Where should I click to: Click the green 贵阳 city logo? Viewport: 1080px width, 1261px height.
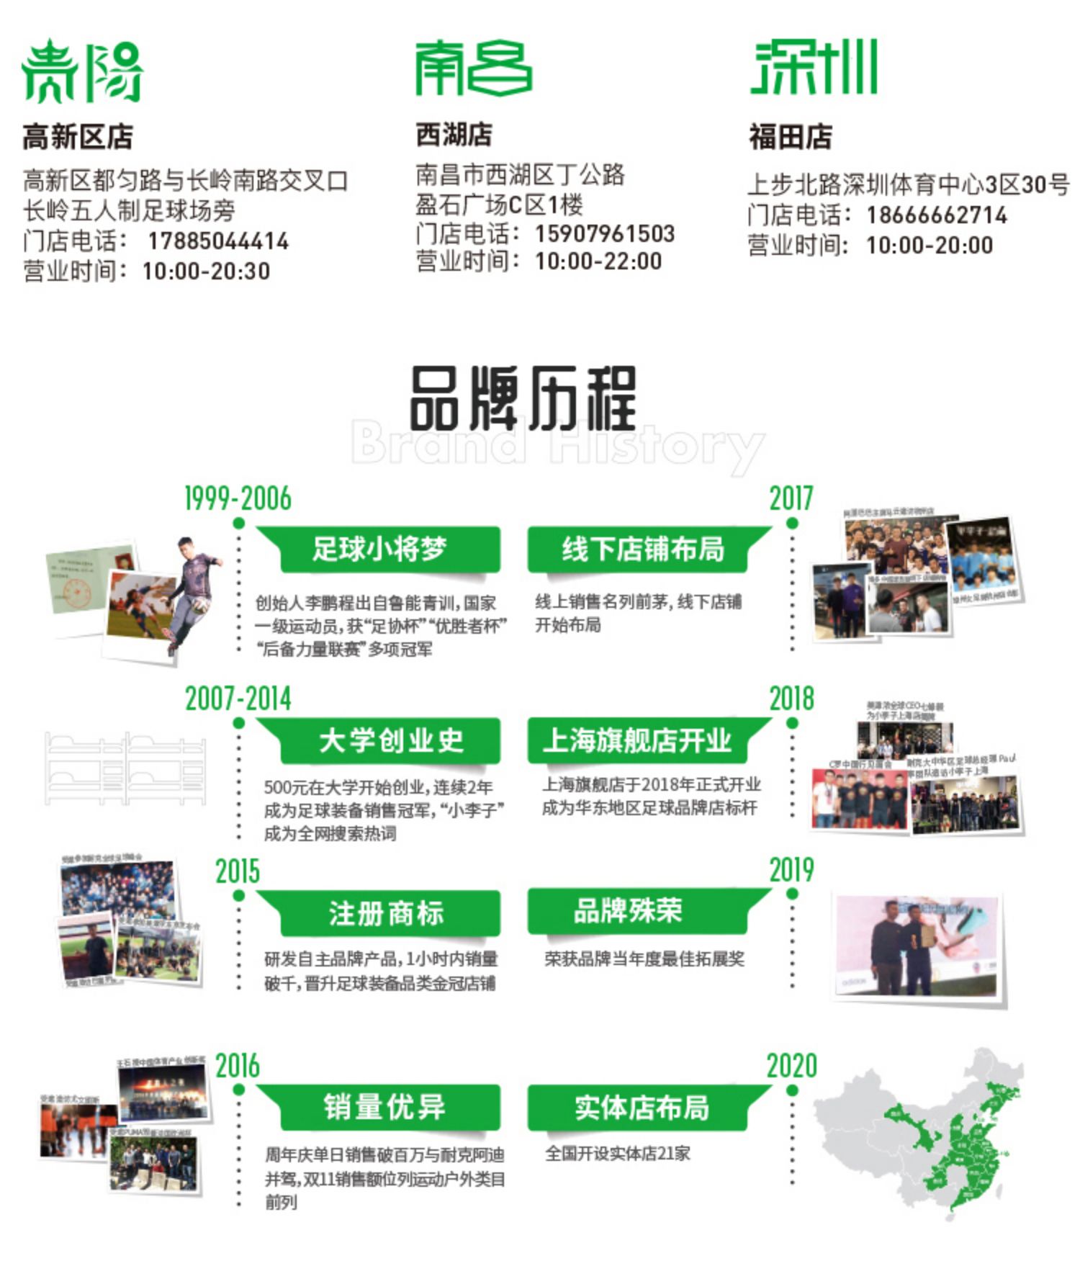point(81,70)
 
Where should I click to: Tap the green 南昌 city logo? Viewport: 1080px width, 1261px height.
point(473,68)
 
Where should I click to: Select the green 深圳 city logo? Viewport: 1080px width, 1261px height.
point(814,67)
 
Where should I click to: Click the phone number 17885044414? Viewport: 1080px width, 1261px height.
point(218,241)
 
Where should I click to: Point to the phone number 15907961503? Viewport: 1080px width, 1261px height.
point(605,233)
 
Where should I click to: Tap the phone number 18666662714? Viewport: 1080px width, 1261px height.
point(937,215)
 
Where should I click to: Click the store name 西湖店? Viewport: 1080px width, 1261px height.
point(454,135)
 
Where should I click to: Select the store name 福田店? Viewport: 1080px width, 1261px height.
point(791,137)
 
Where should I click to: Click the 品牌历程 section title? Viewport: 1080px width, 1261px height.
point(523,398)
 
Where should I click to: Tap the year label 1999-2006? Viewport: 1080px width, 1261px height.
point(238,498)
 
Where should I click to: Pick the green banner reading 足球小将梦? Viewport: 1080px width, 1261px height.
point(379,549)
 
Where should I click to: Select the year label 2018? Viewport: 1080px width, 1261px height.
point(791,699)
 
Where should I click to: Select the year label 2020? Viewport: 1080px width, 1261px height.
point(791,1066)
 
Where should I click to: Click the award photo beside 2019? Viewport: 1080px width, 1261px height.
point(917,944)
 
